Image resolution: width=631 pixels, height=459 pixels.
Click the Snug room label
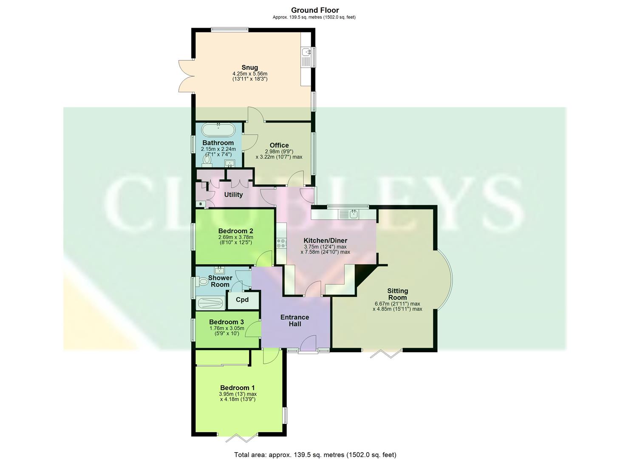click(x=249, y=67)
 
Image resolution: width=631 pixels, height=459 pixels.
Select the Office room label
click(x=279, y=145)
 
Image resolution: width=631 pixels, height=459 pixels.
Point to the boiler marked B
click(x=200, y=204)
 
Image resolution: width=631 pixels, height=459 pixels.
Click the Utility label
click(x=233, y=195)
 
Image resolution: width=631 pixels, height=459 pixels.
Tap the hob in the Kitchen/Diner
click(x=281, y=243)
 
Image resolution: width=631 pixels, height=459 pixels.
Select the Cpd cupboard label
click(x=242, y=300)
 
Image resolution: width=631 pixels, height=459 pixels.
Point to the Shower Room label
click(x=220, y=281)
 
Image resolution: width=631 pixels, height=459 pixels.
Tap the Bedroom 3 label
click(x=226, y=322)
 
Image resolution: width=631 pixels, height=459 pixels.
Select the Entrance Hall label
click(x=295, y=320)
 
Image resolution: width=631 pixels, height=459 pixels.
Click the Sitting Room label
click(x=397, y=294)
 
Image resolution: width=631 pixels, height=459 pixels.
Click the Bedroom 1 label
click(x=238, y=388)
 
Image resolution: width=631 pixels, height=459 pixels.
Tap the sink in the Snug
click(x=306, y=52)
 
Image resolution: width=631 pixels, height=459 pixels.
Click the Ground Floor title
click(x=315, y=10)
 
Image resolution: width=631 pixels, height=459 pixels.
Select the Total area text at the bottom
click(x=315, y=454)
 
